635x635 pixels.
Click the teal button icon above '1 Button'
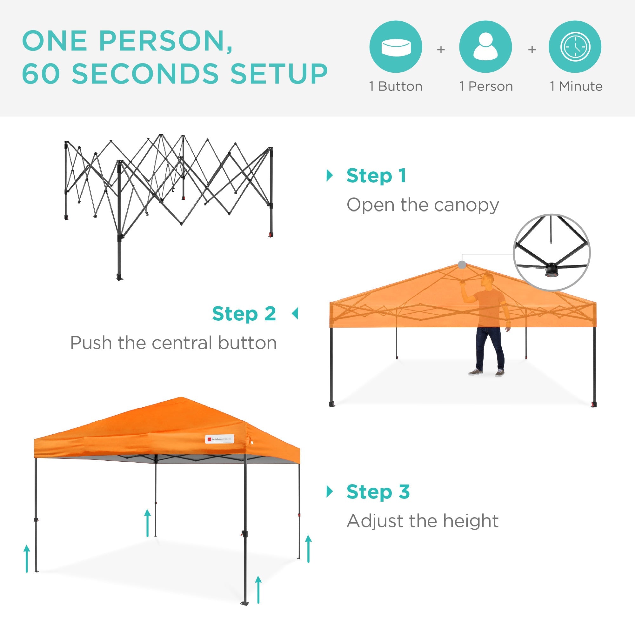tap(395, 47)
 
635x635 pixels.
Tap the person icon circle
tap(485, 47)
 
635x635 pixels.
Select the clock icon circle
tap(575, 47)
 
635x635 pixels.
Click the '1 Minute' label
tap(576, 86)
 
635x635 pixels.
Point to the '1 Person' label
tap(486, 86)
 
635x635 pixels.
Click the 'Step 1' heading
tap(376, 176)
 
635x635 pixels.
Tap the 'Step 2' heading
tap(244, 314)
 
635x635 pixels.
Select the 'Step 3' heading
tap(378, 492)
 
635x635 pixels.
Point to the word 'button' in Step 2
tap(247, 343)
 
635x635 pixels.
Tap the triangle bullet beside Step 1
tap(329, 176)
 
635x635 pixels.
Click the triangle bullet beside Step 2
tap(295, 314)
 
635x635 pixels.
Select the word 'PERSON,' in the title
tap(166, 41)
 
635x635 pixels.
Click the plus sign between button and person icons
tap(441, 50)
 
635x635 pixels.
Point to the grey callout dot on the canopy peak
tap(462, 265)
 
